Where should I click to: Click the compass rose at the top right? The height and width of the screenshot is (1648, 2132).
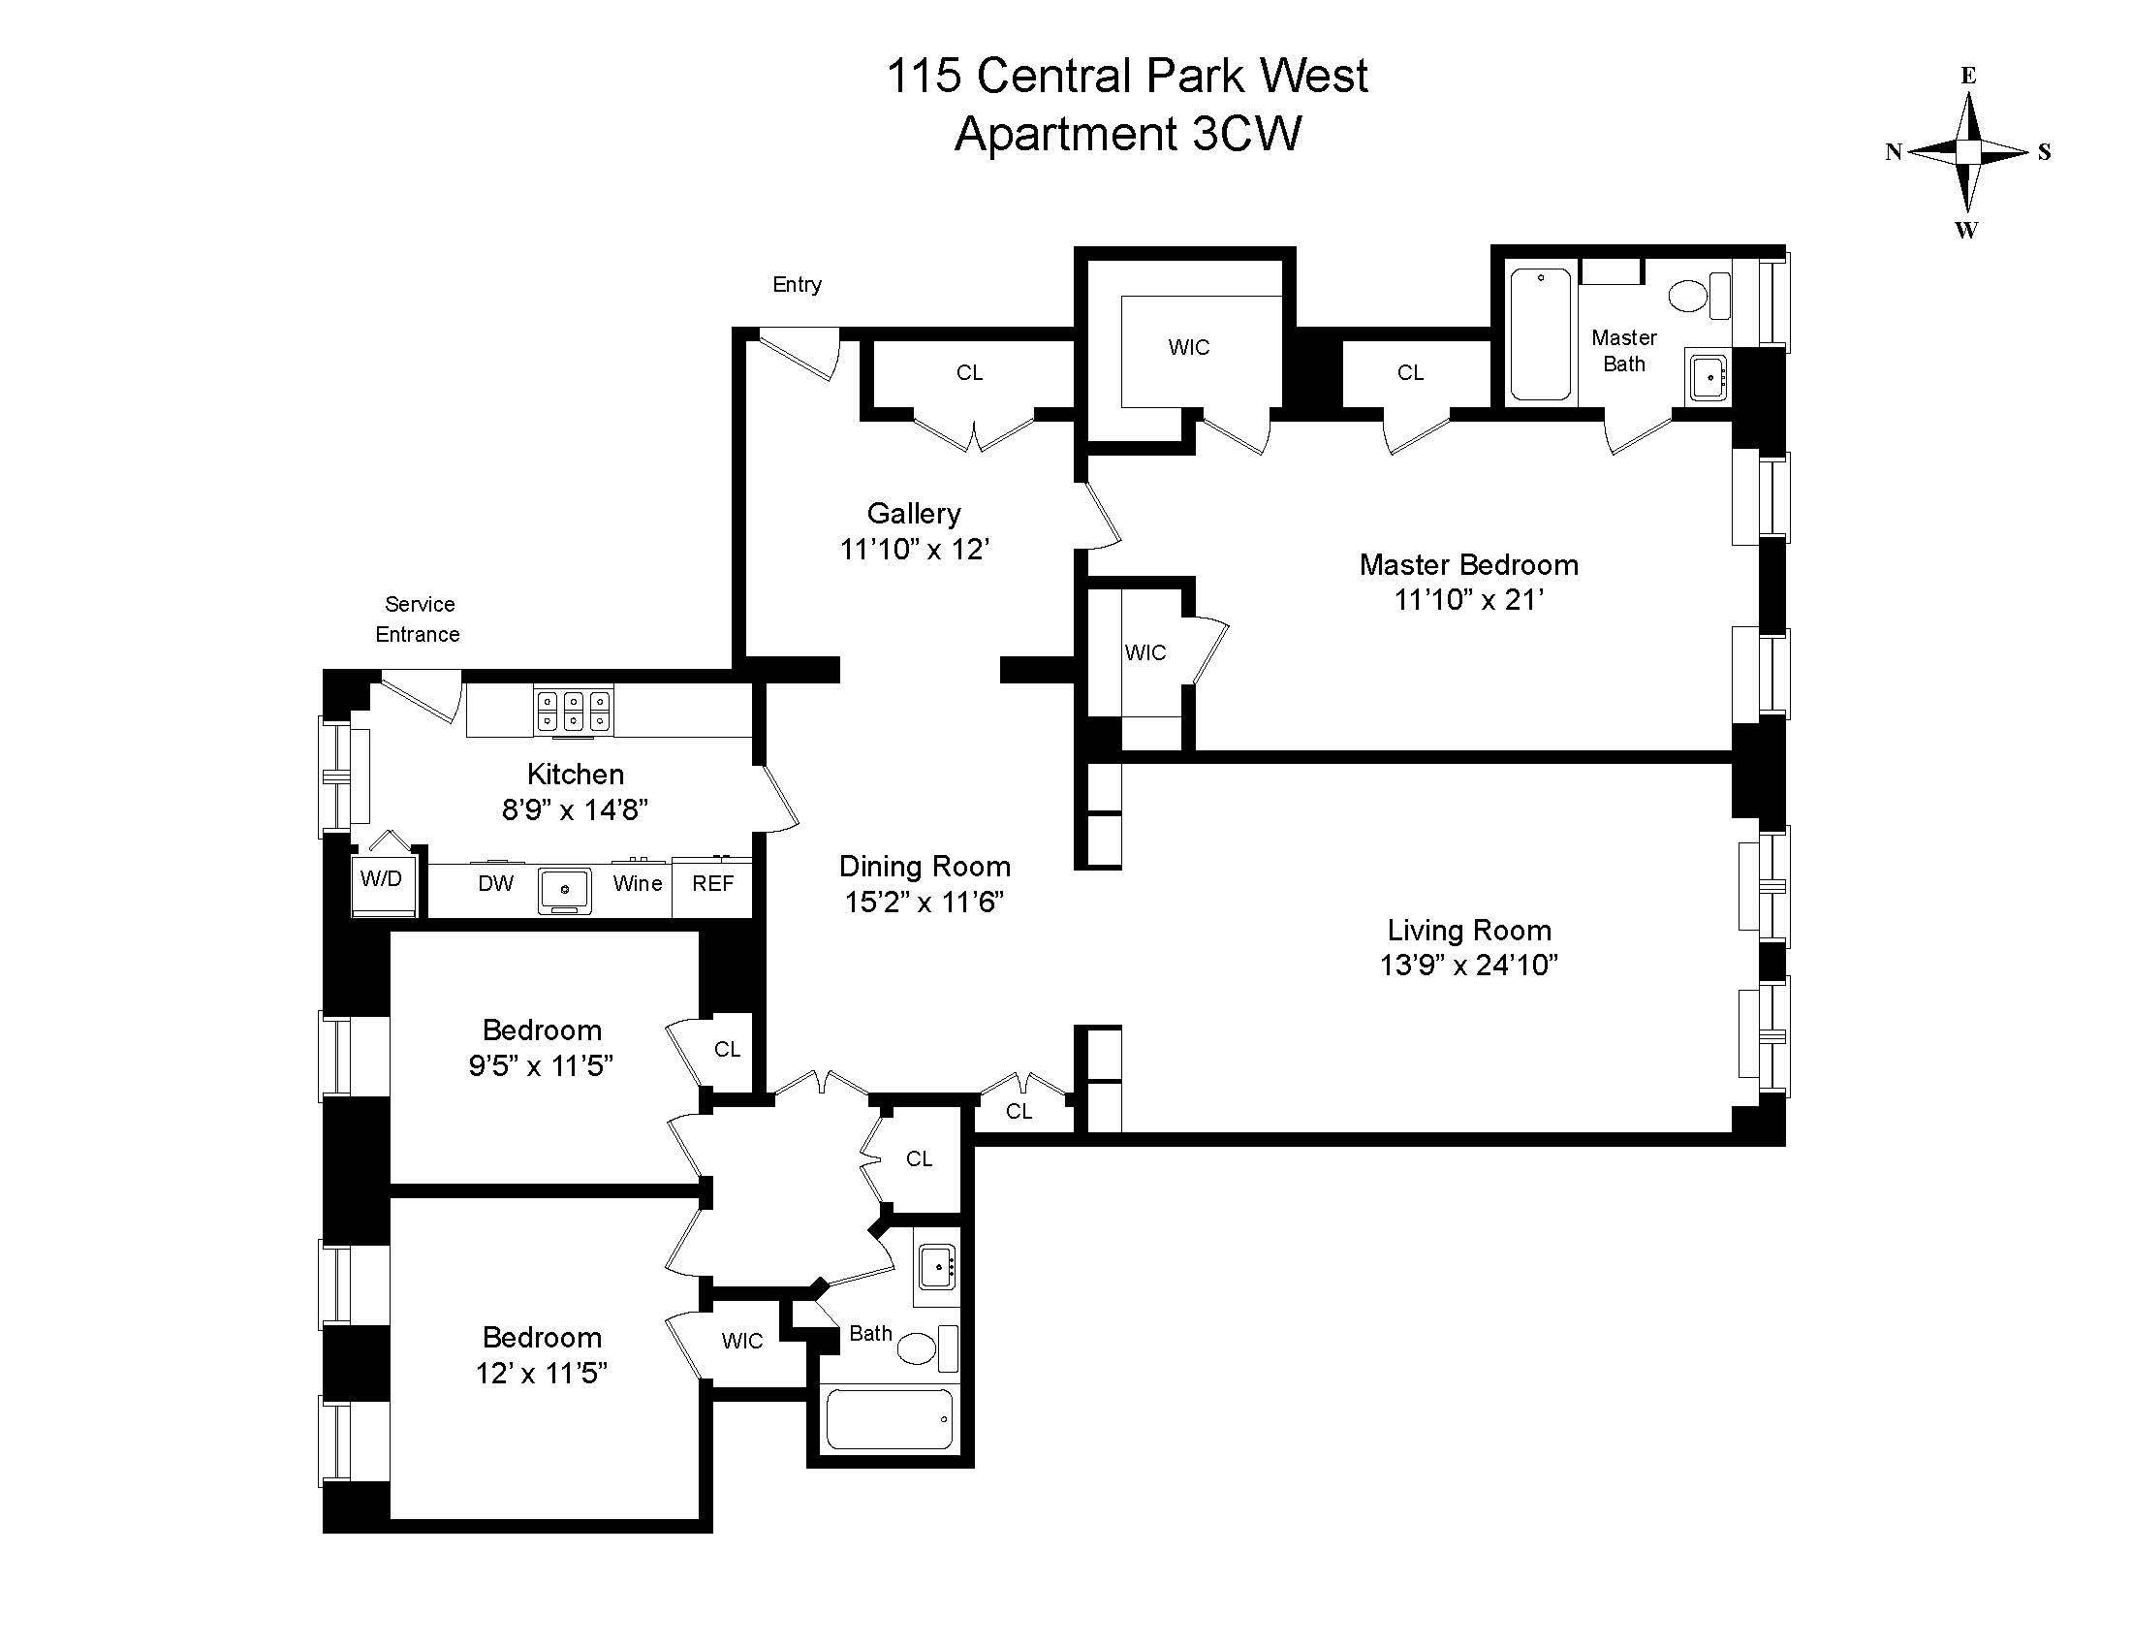coord(1968,152)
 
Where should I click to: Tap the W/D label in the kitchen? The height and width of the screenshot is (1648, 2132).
coord(381,878)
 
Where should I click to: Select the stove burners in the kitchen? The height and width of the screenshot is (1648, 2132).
coord(573,710)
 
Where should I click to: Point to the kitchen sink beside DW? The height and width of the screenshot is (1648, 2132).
coord(565,889)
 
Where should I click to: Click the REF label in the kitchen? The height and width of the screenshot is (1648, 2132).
coord(712,883)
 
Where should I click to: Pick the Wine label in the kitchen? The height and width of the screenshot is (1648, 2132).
coord(638,883)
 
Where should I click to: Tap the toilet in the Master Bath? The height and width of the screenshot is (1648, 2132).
coord(1688,294)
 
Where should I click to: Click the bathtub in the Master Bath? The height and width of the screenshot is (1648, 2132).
coord(1541,334)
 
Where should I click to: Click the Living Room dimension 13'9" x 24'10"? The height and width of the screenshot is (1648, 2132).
coord(1468,966)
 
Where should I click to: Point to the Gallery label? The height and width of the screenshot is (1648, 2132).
coord(914,514)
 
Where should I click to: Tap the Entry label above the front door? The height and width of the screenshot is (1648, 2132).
coord(797,284)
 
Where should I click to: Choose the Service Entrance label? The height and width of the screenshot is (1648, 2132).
coord(419,619)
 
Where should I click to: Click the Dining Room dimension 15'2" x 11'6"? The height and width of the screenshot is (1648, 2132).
coord(924,903)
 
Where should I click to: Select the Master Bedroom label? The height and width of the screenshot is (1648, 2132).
coord(1468,565)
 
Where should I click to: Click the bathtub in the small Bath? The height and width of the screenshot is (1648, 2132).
coord(890,1419)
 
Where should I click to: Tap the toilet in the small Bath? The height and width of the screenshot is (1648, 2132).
coord(918,1348)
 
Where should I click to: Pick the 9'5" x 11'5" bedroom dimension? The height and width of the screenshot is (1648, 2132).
coord(541,1065)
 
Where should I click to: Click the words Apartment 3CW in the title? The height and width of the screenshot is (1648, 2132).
coord(1127,134)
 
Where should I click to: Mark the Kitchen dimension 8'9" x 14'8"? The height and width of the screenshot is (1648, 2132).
coord(575,809)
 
